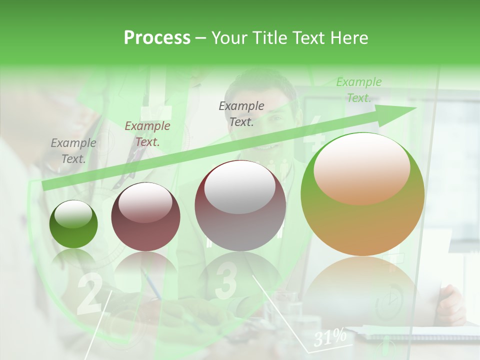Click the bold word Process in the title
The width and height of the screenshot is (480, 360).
coord(157,38)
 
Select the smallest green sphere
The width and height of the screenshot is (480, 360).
coord(73,224)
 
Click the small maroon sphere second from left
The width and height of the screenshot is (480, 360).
coord(145,216)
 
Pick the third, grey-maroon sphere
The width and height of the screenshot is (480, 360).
coord(240,205)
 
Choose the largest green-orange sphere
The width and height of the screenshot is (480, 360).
coord(362,194)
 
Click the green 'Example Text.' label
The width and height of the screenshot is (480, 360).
coord(358,90)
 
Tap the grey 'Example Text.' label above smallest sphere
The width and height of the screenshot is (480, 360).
coord(73,151)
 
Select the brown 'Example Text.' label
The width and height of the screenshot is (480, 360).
coord(147,134)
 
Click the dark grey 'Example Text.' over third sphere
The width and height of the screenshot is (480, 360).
coord(241,113)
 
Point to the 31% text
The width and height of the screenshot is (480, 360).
coord(330,338)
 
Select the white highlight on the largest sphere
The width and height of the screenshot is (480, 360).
coord(361,168)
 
